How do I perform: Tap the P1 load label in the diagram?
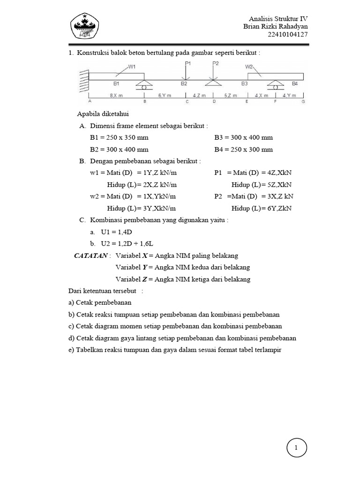click(x=187, y=63)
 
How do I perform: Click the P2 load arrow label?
click(x=215, y=63)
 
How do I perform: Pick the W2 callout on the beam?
click(x=249, y=67)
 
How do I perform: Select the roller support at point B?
click(x=144, y=85)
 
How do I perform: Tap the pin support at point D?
click(x=214, y=82)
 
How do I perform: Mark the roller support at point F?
click(x=275, y=85)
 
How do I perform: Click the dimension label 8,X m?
click(x=116, y=95)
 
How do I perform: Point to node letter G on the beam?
click(x=303, y=101)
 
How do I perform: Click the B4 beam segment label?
click(x=294, y=83)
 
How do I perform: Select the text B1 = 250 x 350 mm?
click(x=120, y=138)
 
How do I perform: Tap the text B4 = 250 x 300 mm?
click(x=243, y=150)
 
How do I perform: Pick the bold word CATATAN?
click(x=91, y=255)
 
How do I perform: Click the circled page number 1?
click(x=296, y=449)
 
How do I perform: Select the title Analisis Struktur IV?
click(x=278, y=18)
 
